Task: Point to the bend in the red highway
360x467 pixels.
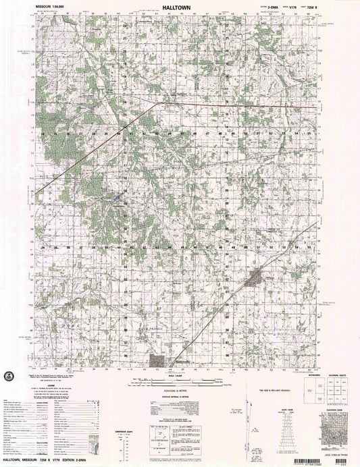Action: (x=157, y=104)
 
